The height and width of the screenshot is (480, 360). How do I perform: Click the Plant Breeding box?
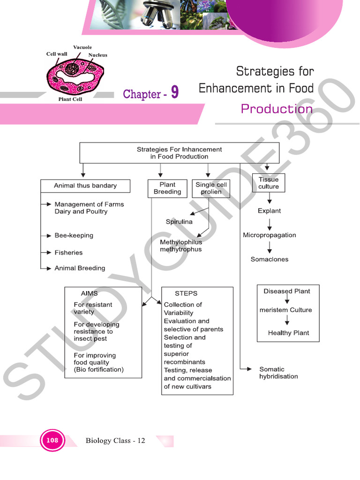coord(167,188)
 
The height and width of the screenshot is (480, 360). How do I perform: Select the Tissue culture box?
coord(268,183)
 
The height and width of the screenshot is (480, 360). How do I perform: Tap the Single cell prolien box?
coord(211,188)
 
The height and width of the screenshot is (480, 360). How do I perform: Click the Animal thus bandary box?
coord(85,186)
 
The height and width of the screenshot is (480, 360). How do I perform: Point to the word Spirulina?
coord(179,222)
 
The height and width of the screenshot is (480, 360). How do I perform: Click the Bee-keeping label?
coord(74,235)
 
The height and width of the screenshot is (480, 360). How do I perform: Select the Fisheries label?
coord(68,253)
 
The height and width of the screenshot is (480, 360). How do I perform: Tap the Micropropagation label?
coord(269,235)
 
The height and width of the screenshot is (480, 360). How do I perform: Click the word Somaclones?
coord(270,259)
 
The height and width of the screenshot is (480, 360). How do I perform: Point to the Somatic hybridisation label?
coord(278,373)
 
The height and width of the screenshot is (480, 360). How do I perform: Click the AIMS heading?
coord(89,293)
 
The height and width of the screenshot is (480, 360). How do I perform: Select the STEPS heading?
coord(186,293)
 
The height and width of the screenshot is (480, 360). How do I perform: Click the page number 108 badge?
coord(52,440)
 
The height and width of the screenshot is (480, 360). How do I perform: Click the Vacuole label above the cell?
coord(82,47)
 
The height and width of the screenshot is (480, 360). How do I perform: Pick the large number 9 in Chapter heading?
coord(174,93)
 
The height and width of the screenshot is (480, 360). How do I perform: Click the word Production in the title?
coord(277,109)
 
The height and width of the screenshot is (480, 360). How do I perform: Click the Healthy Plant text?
coord(288,333)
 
